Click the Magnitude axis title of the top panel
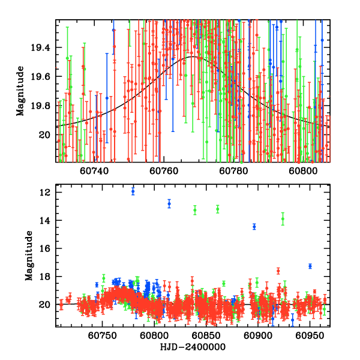tap(20, 91)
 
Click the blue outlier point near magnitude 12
tap(133, 191)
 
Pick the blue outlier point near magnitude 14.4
tap(254, 226)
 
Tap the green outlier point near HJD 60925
tap(283, 219)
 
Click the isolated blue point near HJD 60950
tap(310, 266)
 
